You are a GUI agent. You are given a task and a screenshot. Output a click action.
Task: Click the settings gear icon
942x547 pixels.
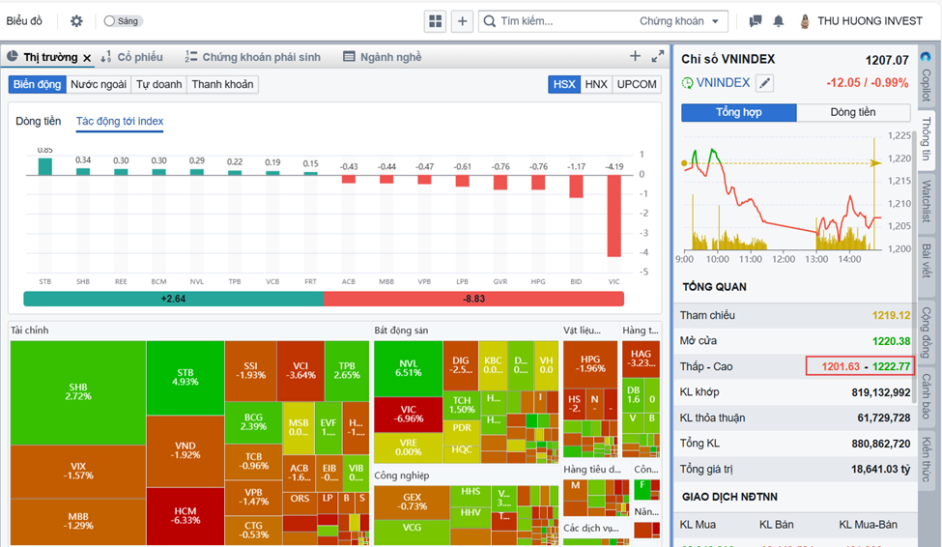[76, 21]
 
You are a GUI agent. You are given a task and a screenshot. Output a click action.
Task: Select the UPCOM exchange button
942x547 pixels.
[636, 85]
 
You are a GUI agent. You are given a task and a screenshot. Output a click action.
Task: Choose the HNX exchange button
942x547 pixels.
[596, 85]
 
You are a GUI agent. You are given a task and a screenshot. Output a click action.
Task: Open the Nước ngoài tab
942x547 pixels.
[99, 85]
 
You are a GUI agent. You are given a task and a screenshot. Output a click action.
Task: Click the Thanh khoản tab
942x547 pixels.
[222, 85]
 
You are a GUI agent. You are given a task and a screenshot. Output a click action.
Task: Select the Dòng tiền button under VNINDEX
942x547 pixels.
[853, 113]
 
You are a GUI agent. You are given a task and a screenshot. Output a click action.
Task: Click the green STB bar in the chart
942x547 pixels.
[45, 166]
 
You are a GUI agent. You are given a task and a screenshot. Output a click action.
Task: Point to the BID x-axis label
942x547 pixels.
[576, 281]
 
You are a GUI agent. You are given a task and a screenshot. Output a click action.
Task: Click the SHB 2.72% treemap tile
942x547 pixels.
[78, 391]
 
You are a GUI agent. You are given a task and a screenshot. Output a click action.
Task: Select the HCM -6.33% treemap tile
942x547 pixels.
[186, 515]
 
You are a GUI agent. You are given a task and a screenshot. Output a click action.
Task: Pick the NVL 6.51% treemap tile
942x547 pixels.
[409, 367]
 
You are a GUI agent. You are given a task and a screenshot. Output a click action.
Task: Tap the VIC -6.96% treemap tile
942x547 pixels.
[409, 414]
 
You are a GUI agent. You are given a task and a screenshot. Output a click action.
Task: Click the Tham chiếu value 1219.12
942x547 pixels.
[890, 315]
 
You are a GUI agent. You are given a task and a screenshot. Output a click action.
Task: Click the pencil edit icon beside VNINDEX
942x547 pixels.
[765, 83]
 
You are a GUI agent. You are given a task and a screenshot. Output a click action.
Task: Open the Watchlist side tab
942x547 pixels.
[927, 201]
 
